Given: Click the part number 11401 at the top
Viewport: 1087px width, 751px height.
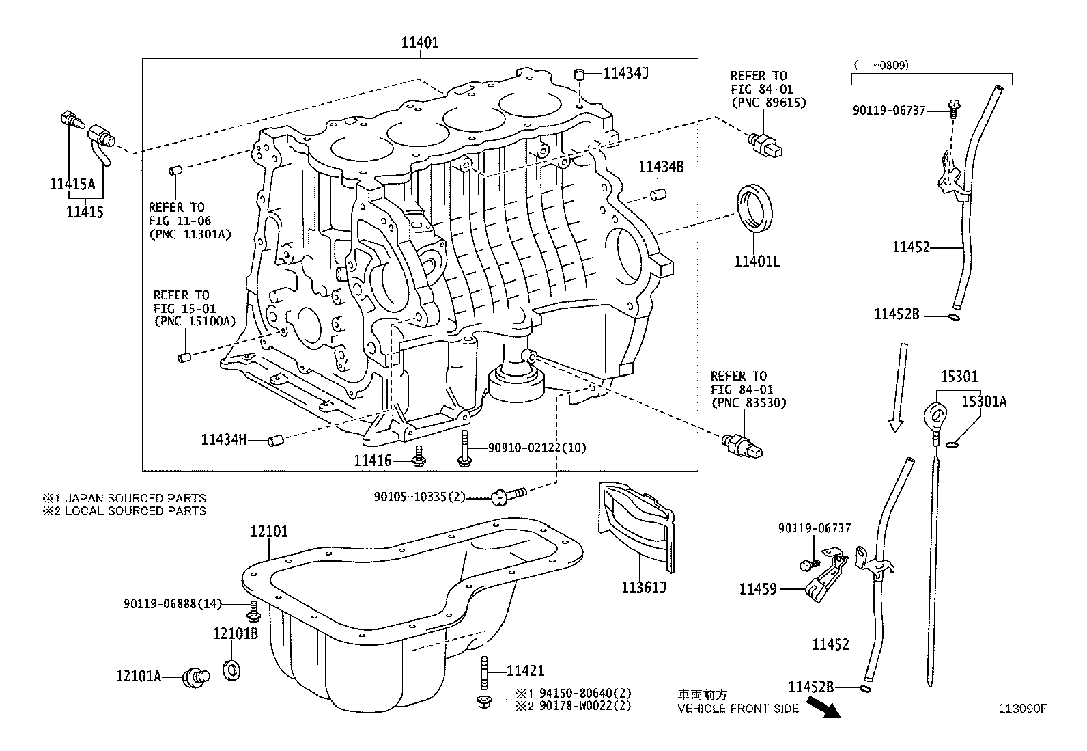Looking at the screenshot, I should (419, 42).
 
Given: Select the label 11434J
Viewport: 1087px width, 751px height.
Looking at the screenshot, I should (625, 72).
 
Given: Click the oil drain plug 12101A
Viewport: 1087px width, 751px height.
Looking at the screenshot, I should (196, 678).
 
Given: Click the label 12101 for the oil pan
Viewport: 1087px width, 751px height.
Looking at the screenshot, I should (269, 532).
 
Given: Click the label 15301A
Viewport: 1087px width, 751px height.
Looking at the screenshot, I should (984, 401).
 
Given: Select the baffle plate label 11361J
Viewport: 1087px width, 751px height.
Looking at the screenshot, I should (643, 588).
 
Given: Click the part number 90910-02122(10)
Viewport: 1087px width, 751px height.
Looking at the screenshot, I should (537, 448).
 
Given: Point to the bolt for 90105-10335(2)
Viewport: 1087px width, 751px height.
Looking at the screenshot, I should (506, 495).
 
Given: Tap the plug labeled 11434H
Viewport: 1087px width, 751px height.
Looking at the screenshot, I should (275, 440).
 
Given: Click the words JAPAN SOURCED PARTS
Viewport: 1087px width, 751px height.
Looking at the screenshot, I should (135, 498).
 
